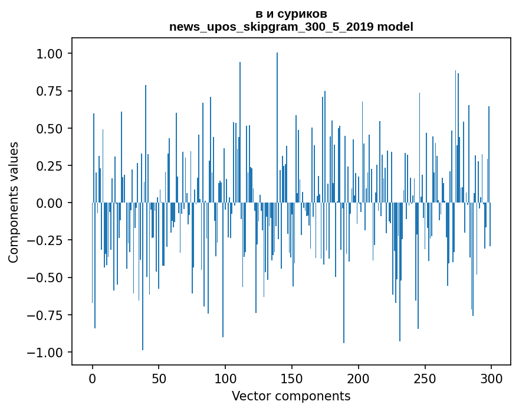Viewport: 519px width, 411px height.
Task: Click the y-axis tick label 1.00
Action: [50, 54]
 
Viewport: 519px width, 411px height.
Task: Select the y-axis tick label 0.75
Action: [50, 91]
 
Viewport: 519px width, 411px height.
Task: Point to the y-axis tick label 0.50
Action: [50, 129]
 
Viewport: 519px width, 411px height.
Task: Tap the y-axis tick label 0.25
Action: [50, 166]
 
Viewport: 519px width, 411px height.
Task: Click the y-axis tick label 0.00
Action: [50, 203]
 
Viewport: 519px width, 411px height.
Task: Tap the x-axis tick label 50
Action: [159, 379]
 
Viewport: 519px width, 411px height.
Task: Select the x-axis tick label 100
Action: [225, 379]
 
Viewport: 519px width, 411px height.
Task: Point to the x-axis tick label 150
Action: [292, 379]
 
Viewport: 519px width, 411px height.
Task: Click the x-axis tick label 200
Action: [359, 379]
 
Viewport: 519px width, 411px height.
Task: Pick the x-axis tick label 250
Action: [425, 379]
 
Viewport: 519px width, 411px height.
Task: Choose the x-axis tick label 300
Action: [491, 379]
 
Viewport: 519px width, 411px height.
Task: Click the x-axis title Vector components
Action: [291, 396]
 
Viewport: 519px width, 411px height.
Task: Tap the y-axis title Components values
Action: [13, 203]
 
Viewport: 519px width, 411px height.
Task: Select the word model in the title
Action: [395, 27]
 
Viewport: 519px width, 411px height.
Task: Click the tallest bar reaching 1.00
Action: [277, 128]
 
